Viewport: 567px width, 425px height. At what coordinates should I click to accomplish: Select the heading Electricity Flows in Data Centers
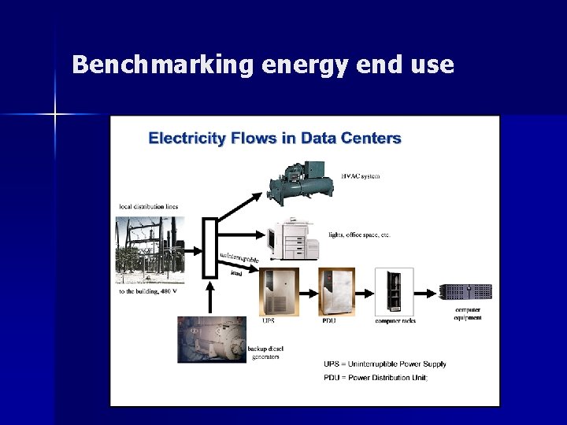275,139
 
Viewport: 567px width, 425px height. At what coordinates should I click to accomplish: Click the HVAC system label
360,176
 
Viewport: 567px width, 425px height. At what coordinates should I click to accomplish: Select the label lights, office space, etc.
359,235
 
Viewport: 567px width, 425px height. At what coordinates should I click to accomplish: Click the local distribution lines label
148,207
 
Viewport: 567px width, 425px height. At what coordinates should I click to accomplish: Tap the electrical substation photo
150,249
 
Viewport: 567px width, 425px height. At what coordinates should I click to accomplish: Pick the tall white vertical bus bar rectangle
209,248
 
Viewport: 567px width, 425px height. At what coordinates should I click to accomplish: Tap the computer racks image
394,292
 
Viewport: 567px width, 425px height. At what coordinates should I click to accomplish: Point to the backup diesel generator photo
211,339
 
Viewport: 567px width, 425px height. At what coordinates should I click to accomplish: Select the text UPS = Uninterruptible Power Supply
385,364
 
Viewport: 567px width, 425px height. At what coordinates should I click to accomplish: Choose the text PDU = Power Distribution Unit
376,378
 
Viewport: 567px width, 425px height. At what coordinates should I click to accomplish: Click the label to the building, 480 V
148,291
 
